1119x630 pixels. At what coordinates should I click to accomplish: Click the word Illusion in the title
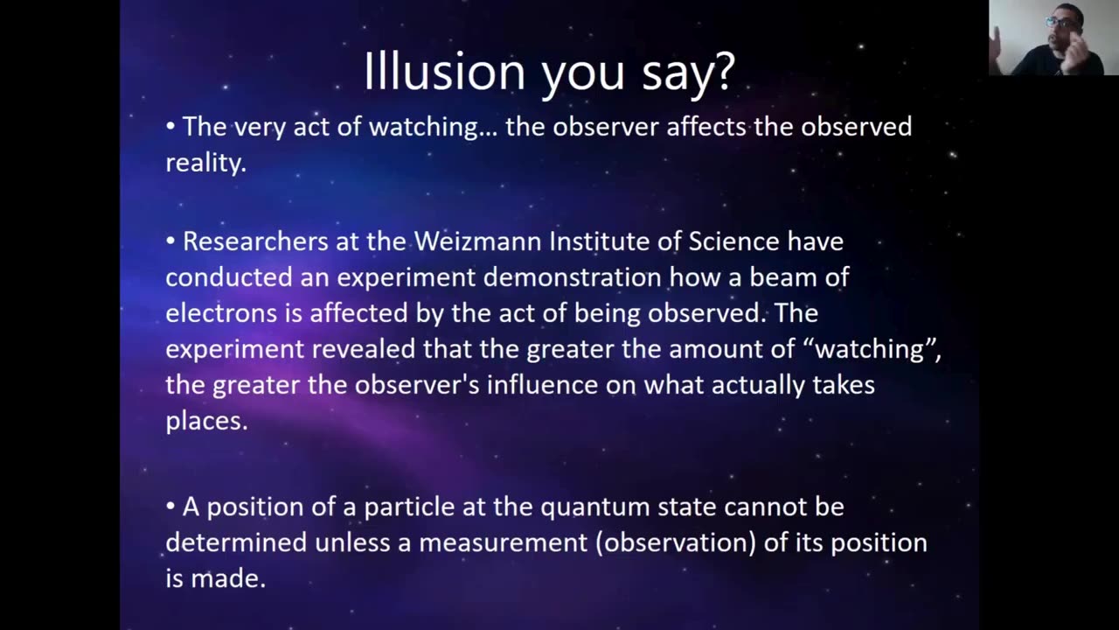pos(444,71)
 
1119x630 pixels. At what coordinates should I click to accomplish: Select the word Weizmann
pos(477,241)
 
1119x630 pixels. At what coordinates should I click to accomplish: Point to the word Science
pos(733,241)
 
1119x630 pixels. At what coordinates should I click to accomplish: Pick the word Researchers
pos(255,241)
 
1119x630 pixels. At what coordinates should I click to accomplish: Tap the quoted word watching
pos(870,348)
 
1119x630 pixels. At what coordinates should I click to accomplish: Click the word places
pos(207,421)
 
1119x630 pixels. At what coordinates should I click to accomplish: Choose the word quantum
pos(595,507)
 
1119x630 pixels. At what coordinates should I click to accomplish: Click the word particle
pos(409,507)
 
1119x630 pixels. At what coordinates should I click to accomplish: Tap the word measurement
pos(503,543)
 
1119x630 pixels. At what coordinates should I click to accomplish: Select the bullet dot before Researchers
pos(170,241)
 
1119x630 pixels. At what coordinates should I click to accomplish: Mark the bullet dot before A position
pos(170,507)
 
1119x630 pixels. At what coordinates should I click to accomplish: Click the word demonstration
pos(573,277)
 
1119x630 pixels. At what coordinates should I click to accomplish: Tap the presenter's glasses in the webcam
pos(1061,23)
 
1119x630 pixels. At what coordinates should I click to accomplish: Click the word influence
pos(543,384)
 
